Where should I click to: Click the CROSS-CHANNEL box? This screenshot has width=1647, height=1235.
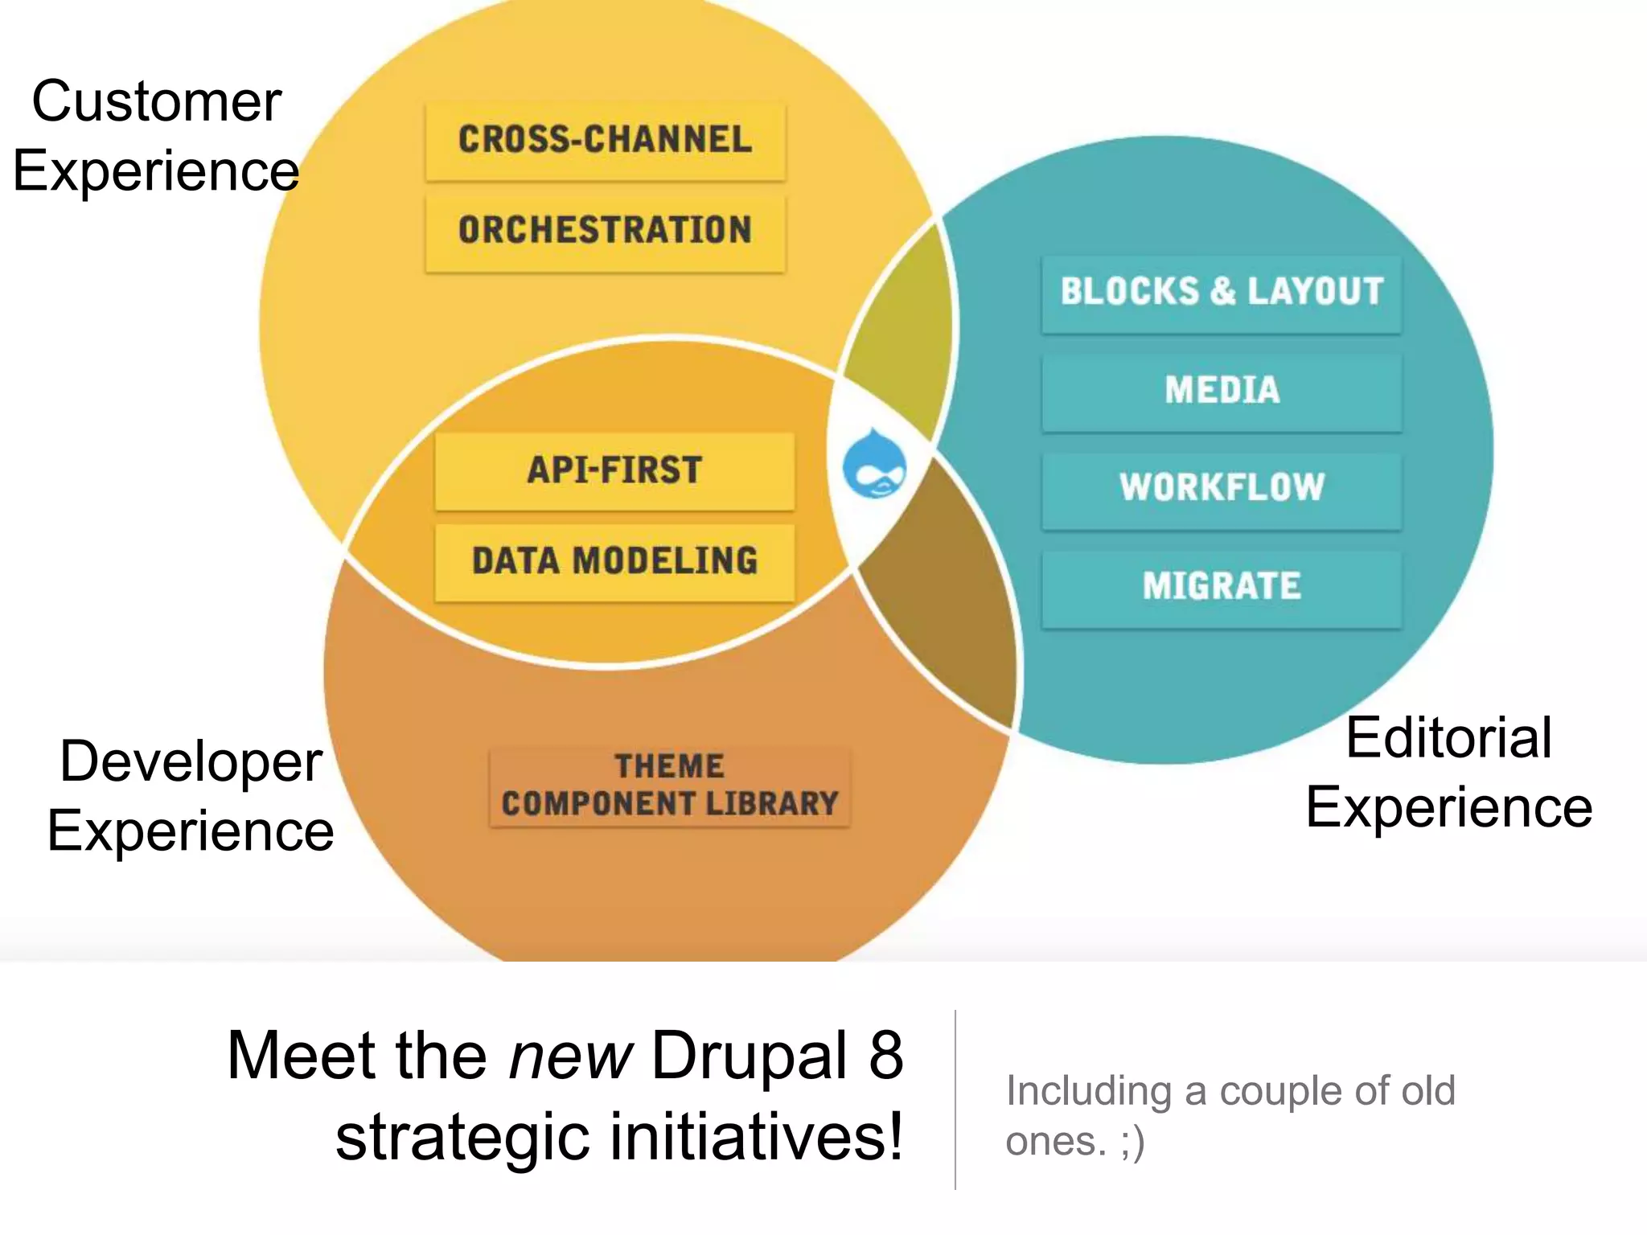tap(605, 141)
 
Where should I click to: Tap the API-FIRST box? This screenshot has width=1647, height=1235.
tap(614, 471)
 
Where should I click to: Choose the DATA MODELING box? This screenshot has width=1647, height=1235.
tap(614, 562)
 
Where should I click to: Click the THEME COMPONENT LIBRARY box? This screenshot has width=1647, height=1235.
tap(669, 786)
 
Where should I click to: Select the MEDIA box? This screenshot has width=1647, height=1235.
tap(1221, 392)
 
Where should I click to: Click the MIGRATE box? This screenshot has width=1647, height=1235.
tap(1221, 587)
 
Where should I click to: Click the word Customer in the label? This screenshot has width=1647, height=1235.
tap(156, 102)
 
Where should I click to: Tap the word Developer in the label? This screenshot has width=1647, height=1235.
tap(191, 761)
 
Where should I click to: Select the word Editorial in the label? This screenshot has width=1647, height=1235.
tap(1448, 738)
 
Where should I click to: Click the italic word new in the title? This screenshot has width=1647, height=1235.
tap(570, 1056)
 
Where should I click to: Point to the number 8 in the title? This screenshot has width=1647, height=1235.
tap(885, 1056)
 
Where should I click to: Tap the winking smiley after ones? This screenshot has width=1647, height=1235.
tap(1132, 1143)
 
